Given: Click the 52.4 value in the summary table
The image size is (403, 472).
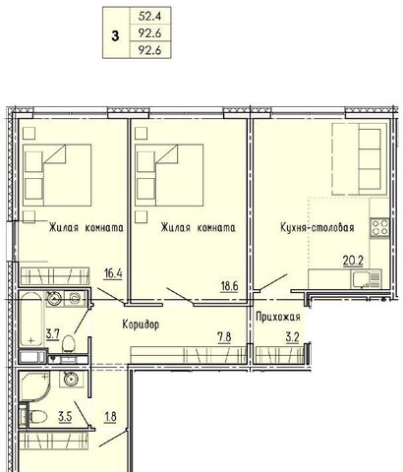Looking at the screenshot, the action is pyautogui.click(x=149, y=16).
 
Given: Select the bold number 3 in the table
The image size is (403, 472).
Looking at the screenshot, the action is pyautogui.click(x=115, y=35).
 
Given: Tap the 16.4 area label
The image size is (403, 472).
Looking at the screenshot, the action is pyautogui.click(x=113, y=273).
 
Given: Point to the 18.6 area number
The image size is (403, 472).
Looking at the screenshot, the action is pyautogui.click(x=229, y=286).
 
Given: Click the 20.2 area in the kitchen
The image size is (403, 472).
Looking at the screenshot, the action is pyautogui.click(x=353, y=261).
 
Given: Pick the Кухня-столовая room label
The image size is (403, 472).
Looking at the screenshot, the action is pyautogui.click(x=317, y=227).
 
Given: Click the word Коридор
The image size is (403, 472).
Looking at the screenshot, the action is pyautogui.click(x=141, y=324).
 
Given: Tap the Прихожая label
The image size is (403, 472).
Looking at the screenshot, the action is pyautogui.click(x=278, y=317).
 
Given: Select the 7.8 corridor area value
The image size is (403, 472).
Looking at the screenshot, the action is pyautogui.click(x=224, y=337).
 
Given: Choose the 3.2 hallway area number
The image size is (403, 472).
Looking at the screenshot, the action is pyautogui.click(x=292, y=337).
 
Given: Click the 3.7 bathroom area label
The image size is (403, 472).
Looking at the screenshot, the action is pyautogui.click(x=52, y=334).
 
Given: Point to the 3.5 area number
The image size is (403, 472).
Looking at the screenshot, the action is pyautogui.click(x=65, y=417).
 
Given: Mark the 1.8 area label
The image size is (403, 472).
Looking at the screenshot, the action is pyautogui.click(x=110, y=417).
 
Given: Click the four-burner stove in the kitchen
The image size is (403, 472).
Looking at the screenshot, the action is pyautogui.click(x=379, y=227).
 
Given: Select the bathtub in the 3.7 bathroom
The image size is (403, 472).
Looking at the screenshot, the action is pyautogui.click(x=30, y=319).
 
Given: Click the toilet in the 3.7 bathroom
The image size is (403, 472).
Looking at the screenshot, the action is pyautogui.click(x=69, y=343).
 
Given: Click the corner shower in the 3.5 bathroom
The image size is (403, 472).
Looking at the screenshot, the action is pyautogui.click(x=34, y=386).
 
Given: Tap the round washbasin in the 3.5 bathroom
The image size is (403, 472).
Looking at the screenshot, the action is pyautogui.click(x=70, y=380).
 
